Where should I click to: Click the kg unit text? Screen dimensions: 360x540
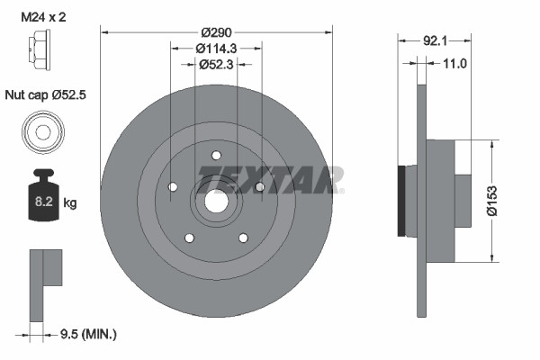pyautogui.click(x=70, y=203)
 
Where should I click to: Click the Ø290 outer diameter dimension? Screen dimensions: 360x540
pyautogui.click(x=215, y=31)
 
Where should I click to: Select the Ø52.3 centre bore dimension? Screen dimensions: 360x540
pyautogui.click(x=215, y=64)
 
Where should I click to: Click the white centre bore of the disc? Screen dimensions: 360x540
pyautogui.click(x=215, y=201)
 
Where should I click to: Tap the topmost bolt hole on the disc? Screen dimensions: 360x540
pyautogui.click(x=215, y=154)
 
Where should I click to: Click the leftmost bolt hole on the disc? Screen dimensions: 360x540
pyautogui.click(x=172, y=186)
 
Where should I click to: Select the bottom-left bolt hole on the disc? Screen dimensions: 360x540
pyautogui.click(x=189, y=238)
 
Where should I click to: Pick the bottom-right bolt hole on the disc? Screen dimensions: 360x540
pyautogui.click(x=242, y=238)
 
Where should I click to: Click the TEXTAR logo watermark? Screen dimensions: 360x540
pyautogui.click(x=271, y=179)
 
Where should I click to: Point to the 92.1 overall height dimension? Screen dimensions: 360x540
pyautogui.click(x=435, y=40)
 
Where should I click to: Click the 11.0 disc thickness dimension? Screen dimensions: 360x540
pyautogui.click(x=454, y=64)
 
